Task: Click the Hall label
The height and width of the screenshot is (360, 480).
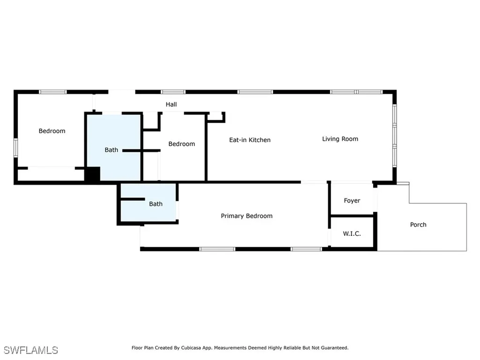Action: (171, 105)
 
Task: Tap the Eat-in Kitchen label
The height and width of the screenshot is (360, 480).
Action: (249, 140)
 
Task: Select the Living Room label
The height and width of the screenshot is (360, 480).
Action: (340, 139)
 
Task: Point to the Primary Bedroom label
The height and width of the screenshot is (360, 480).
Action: (247, 216)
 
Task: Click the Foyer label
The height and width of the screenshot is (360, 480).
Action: (352, 201)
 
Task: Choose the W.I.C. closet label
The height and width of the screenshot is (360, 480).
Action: (352, 233)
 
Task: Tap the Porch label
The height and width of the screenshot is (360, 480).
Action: (418, 225)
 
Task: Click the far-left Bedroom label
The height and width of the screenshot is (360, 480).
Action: (52, 131)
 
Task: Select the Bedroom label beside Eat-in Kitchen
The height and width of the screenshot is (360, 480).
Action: (181, 144)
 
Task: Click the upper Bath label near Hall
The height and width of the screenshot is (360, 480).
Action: (111, 150)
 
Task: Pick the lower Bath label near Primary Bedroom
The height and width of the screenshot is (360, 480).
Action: (156, 204)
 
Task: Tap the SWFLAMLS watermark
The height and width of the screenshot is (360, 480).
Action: (30, 350)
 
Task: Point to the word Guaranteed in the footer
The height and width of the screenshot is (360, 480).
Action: (333, 348)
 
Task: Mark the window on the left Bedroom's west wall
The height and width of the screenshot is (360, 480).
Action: (15, 147)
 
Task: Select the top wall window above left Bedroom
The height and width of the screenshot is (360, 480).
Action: (52, 92)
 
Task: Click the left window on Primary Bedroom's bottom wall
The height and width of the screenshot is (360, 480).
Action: (217, 249)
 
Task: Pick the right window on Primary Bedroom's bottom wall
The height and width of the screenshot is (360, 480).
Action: (306, 249)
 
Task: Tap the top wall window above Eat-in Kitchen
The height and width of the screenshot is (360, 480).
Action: (255, 92)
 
